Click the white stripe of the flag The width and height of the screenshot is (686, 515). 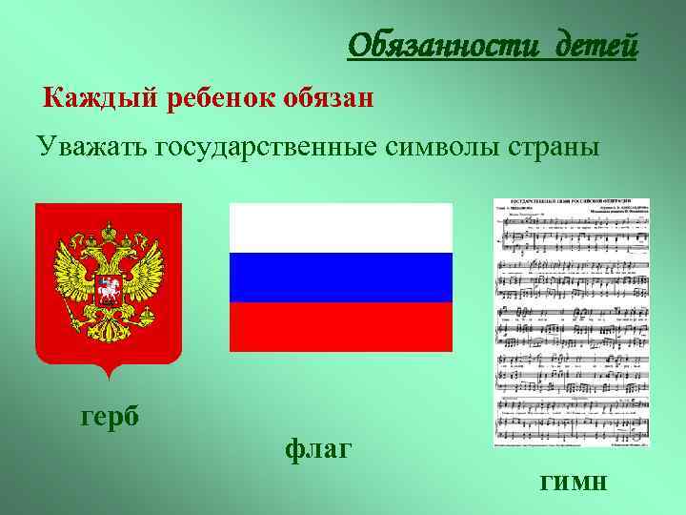point(341,228)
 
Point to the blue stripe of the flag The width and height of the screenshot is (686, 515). point(341,278)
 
